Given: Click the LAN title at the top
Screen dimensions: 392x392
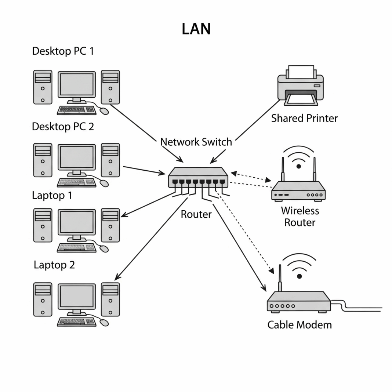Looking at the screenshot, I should tap(196, 29).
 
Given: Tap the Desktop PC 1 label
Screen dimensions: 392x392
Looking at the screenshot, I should tap(63, 51).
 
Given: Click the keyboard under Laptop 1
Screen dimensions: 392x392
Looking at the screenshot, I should tap(76, 248).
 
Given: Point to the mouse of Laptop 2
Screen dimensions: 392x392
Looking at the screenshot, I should tap(105, 323).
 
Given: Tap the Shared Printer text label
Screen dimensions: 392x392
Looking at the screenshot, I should tap(304, 118).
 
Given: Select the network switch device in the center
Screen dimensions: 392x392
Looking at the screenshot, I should tap(198, 178).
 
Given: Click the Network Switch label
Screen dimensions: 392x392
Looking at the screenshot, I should tap(196, 142).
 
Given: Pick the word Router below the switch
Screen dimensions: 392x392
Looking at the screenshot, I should tap(196, 214).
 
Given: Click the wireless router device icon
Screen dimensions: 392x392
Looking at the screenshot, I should tap(298, 191).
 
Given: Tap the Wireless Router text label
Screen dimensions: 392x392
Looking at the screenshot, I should tap(300, 217).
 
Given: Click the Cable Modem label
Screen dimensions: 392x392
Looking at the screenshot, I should tap(300, 325).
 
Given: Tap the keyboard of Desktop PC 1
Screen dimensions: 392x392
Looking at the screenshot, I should tap(76, 110).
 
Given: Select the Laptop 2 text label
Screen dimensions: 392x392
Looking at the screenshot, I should tap(54, 265).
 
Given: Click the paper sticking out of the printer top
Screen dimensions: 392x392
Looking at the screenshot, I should tap(301, 72).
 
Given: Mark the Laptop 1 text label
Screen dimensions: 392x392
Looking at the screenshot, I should tap(52, 195).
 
